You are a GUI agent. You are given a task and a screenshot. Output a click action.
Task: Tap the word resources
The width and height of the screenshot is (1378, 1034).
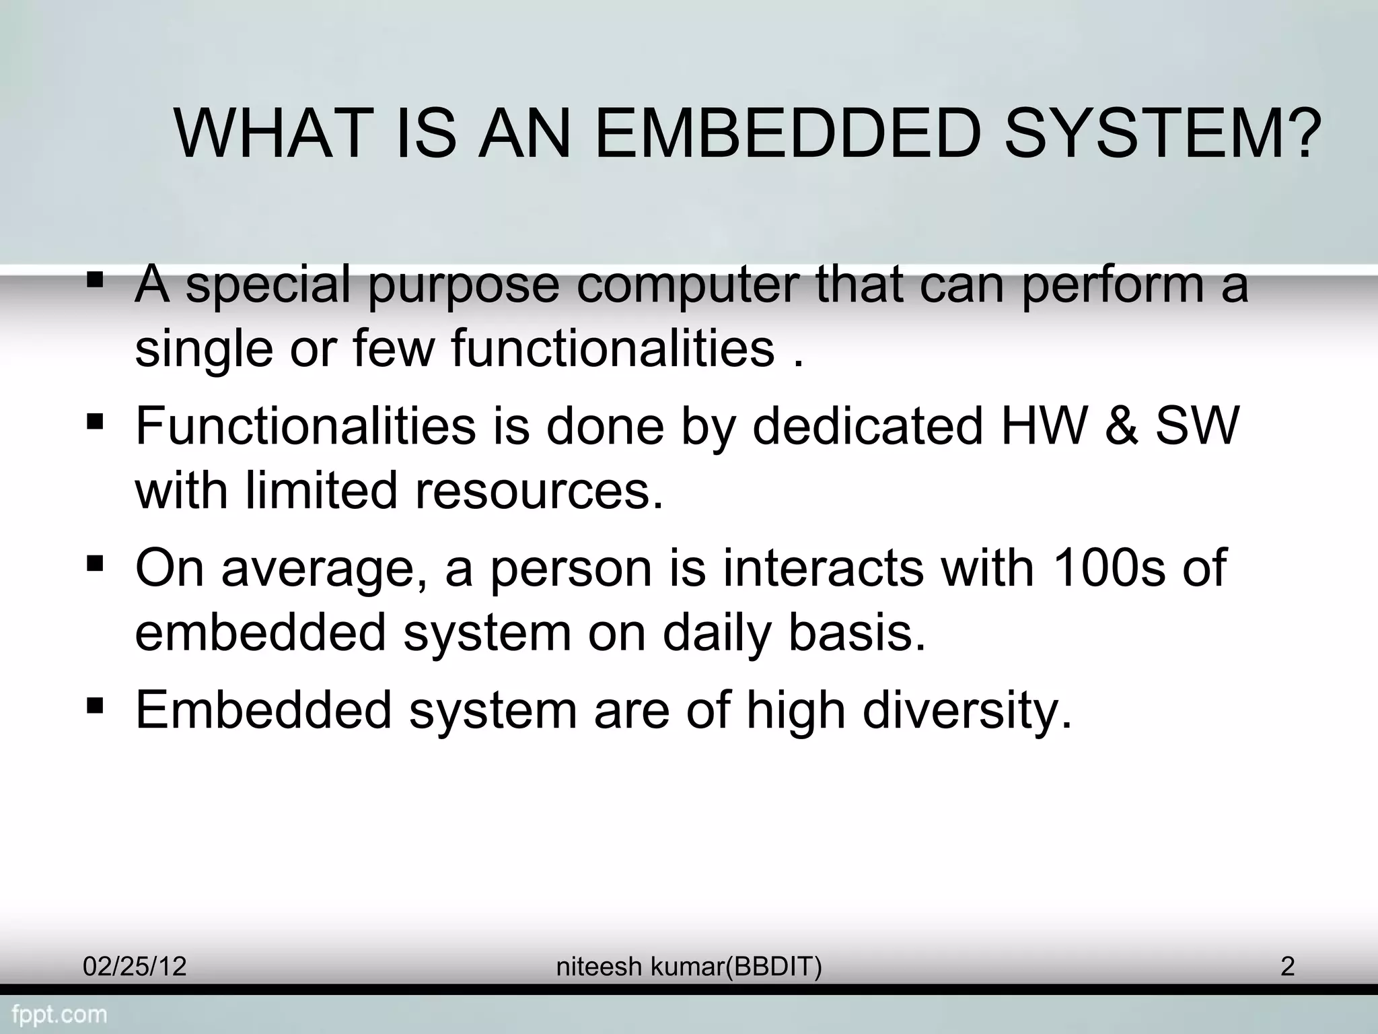click(538, 491)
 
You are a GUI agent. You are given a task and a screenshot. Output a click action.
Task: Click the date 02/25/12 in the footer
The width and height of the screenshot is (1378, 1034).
click(135, 967)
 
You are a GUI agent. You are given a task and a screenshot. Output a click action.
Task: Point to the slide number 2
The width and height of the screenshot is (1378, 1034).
click(1287, 967)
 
